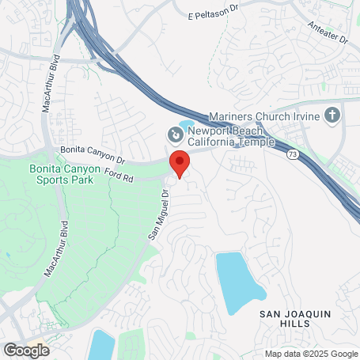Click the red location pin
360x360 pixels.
[x=180, y=164]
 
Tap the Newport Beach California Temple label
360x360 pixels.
[x=229, y=136]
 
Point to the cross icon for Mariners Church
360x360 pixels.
[x=332, y=116]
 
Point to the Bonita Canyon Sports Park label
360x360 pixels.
[x=60, y=174]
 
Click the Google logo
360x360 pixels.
[x=26, y=350]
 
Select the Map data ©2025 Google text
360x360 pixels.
[x=311, y=354]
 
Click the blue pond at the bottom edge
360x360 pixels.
[x=102, y=346]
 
